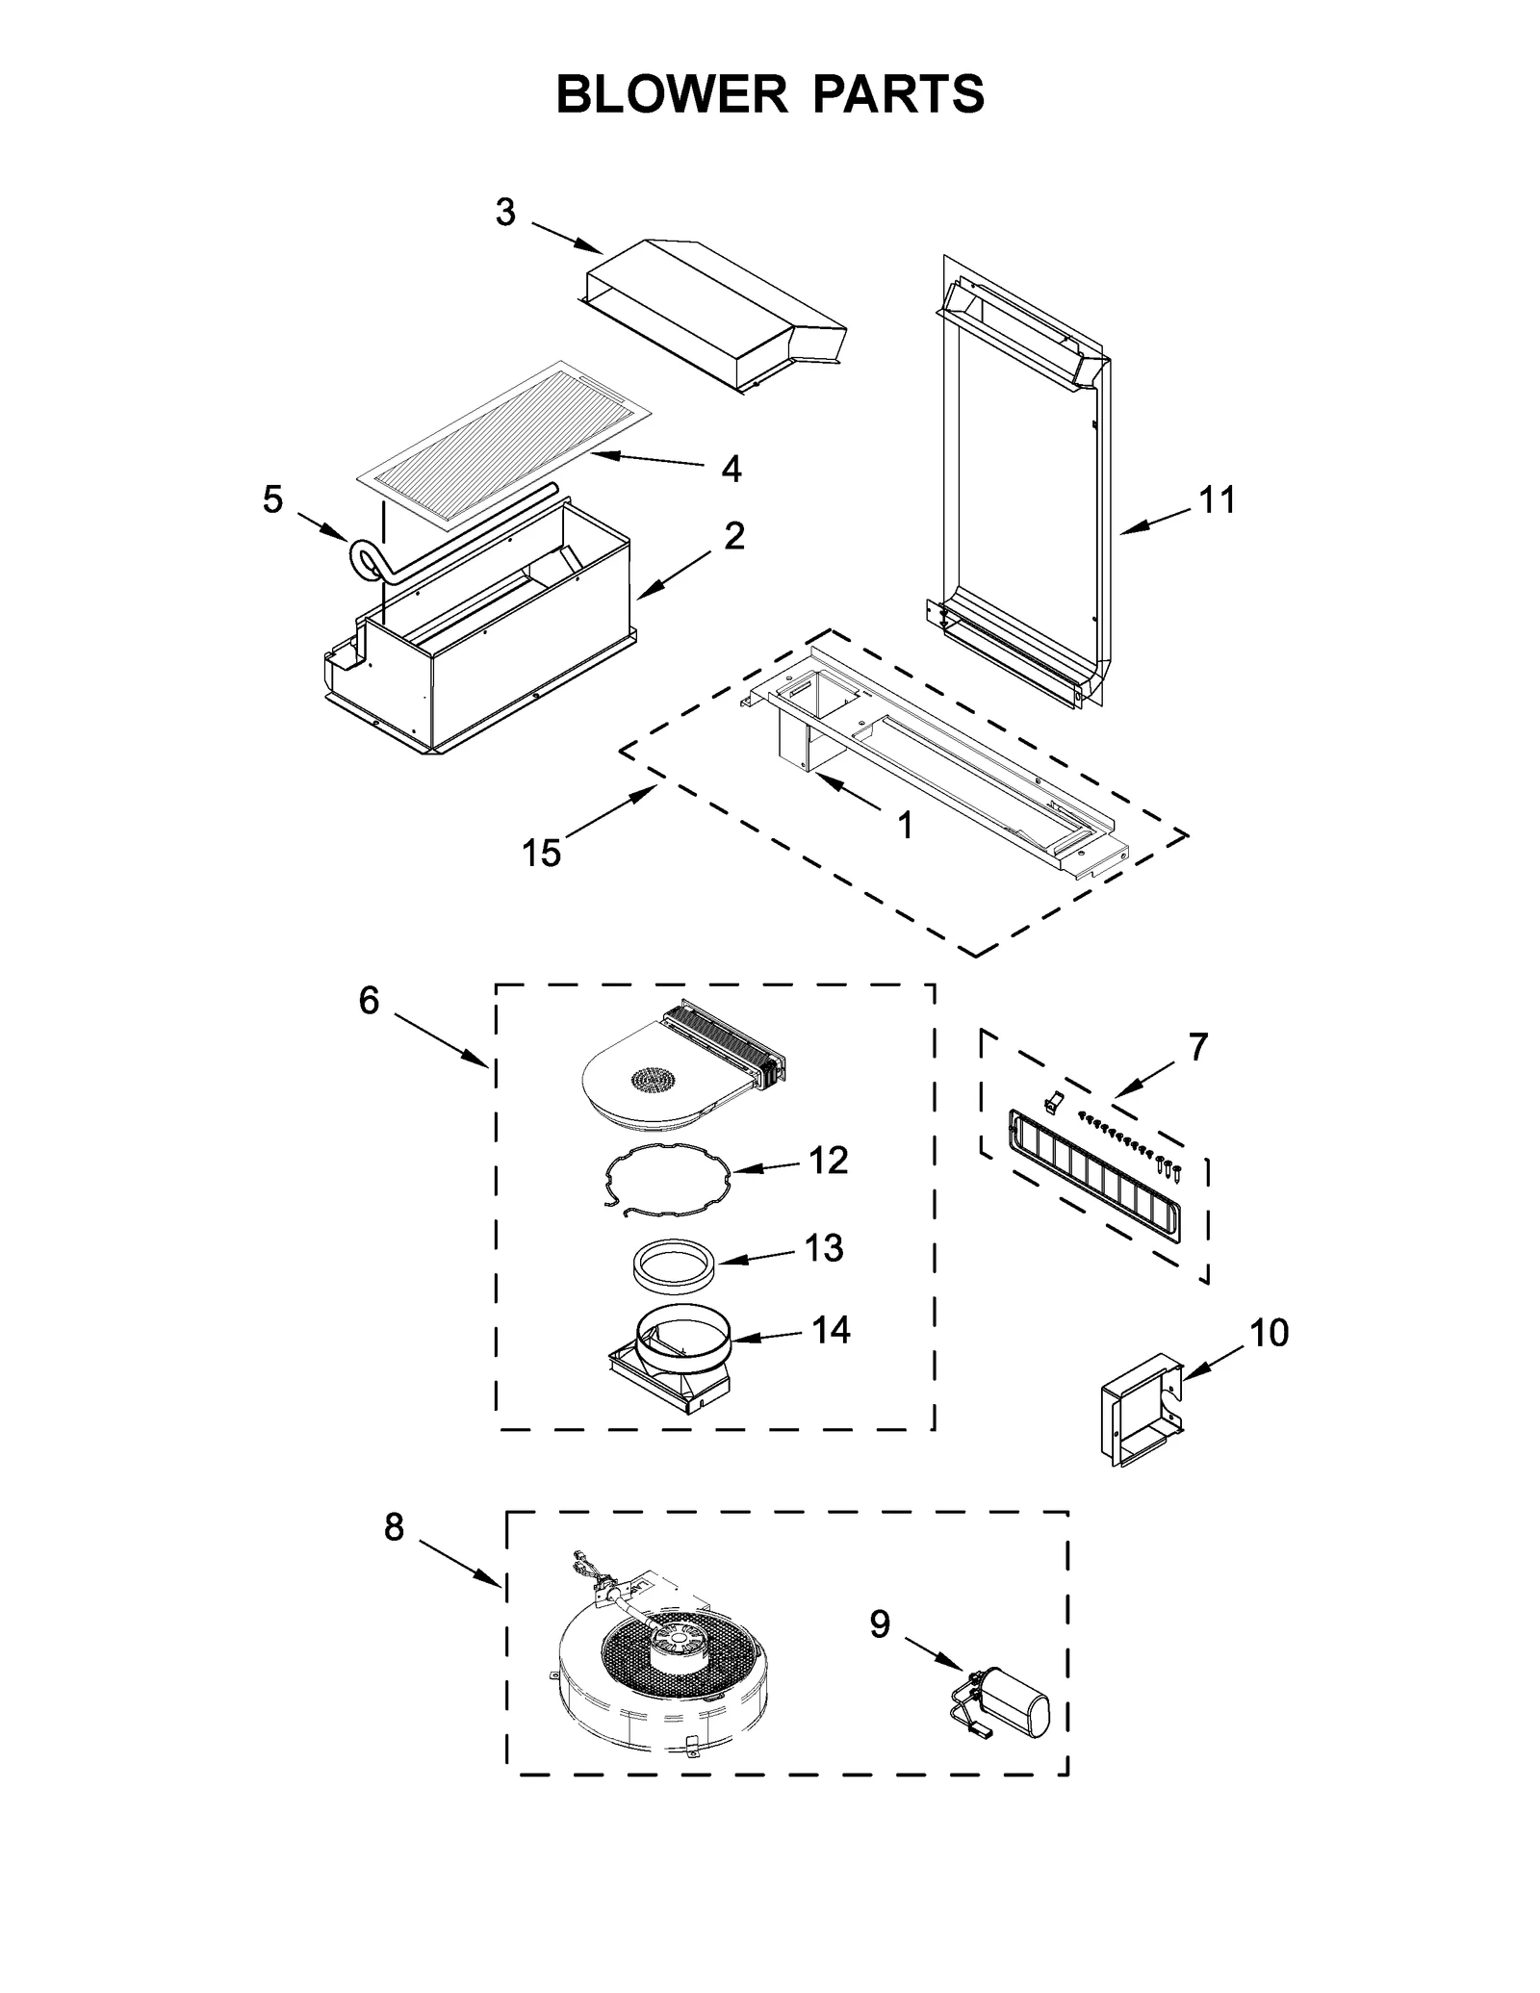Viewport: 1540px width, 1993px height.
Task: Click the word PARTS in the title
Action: tap(899, 94)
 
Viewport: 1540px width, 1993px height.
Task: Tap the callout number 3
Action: tap(505, 213)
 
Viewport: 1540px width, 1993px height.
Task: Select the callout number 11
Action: tap(1217, 500)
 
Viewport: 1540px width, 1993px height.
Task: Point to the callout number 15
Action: tap(541, 853)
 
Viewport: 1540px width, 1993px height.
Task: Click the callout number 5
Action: tap(273, 499)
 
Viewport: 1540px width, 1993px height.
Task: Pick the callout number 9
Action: tap(880, 1624)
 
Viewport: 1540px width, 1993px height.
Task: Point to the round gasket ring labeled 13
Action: tap(674, 1264)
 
